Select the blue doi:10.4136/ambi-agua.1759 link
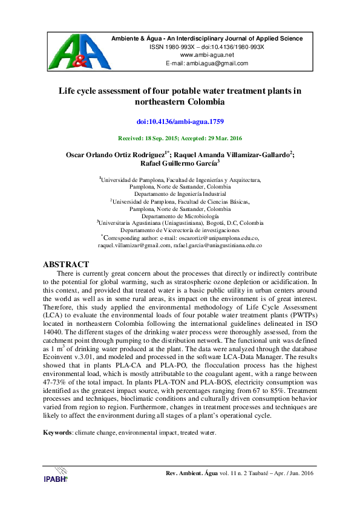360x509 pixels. coord(180,122)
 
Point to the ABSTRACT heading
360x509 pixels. coord(66,265)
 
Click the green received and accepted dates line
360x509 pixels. coord(180,138)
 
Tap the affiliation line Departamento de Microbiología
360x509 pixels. coord(180,216)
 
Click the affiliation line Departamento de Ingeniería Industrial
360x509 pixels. coord(180,194)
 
